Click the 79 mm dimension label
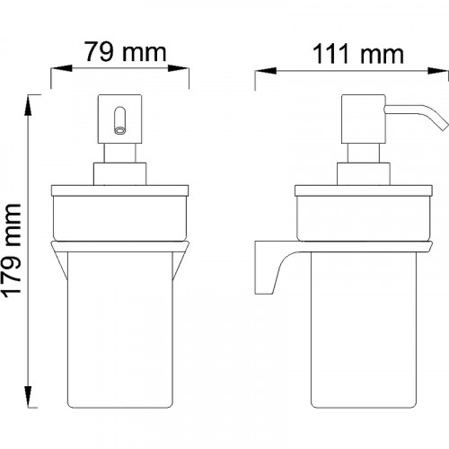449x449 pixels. coord(126,52)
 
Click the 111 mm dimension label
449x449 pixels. coord(358,54)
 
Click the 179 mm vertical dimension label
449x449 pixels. coord(12,251)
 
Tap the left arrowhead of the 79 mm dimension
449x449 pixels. coord(61,68)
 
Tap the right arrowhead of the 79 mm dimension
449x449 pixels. coord(178,68)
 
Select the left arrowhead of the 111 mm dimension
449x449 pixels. coord(265,71)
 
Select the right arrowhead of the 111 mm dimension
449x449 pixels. coord(438,71)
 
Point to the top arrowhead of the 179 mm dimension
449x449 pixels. coord(28,105)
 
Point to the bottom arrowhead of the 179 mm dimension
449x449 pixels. coord(28,397)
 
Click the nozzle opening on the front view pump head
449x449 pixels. coord(120,130)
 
